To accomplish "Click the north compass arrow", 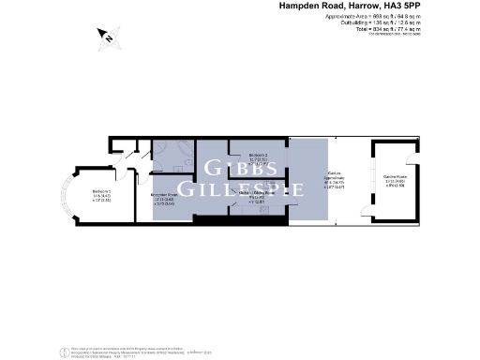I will coord(108,37).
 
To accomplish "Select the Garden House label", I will coord(394,182).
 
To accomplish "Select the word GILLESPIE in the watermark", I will coord(241,188).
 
